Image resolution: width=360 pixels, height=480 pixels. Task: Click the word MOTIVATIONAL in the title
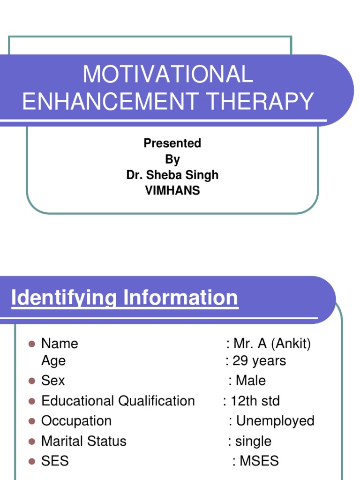click(167, 75)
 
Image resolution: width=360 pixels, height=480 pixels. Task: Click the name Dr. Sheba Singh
click(172, 175)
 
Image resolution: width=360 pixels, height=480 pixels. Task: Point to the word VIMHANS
click(172, 191)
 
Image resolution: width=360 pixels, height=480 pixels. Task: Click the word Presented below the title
click(172, 143)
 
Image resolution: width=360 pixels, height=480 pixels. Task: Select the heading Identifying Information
click(124, 298)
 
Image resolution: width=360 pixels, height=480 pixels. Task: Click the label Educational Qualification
click(118, 401)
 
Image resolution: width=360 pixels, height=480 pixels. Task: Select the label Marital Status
click(84, 441)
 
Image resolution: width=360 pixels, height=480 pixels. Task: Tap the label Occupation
click(76, 421)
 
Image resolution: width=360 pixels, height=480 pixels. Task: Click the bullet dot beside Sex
click(32, 381)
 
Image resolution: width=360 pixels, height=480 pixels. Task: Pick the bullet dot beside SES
click(32, 461)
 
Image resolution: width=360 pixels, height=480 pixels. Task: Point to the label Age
click(53, 361)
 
